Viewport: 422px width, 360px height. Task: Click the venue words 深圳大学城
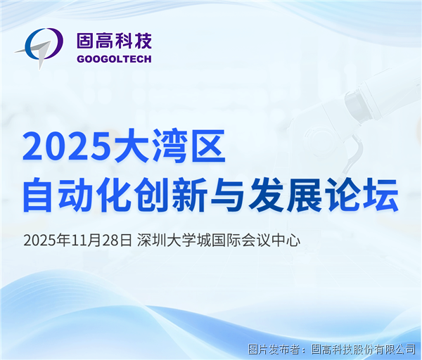point(170,240)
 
